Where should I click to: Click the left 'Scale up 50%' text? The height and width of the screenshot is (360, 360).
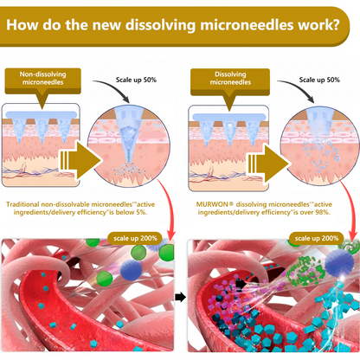(x=136, y=80)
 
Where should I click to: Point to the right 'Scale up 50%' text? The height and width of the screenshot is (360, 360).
(x=319, y=80)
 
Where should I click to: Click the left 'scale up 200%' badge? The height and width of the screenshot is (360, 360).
(x=135, y=238)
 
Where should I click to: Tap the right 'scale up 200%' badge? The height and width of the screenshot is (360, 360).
(x=317, y=238)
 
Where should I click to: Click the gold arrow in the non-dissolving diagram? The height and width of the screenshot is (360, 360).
(x=80, y=160)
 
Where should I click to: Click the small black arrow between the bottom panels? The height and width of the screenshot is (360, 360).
(x=180, y=297)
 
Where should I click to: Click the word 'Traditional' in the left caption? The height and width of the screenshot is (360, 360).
(x=22, y=204)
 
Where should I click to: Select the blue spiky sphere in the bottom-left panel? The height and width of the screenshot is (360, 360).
(x=131, y=269)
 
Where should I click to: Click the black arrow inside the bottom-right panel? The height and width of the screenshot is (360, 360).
(x=241, y=283)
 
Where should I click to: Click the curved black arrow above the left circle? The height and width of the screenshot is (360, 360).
(x=111, y=88)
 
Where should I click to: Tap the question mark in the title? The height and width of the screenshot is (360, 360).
(x=335, y=25)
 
